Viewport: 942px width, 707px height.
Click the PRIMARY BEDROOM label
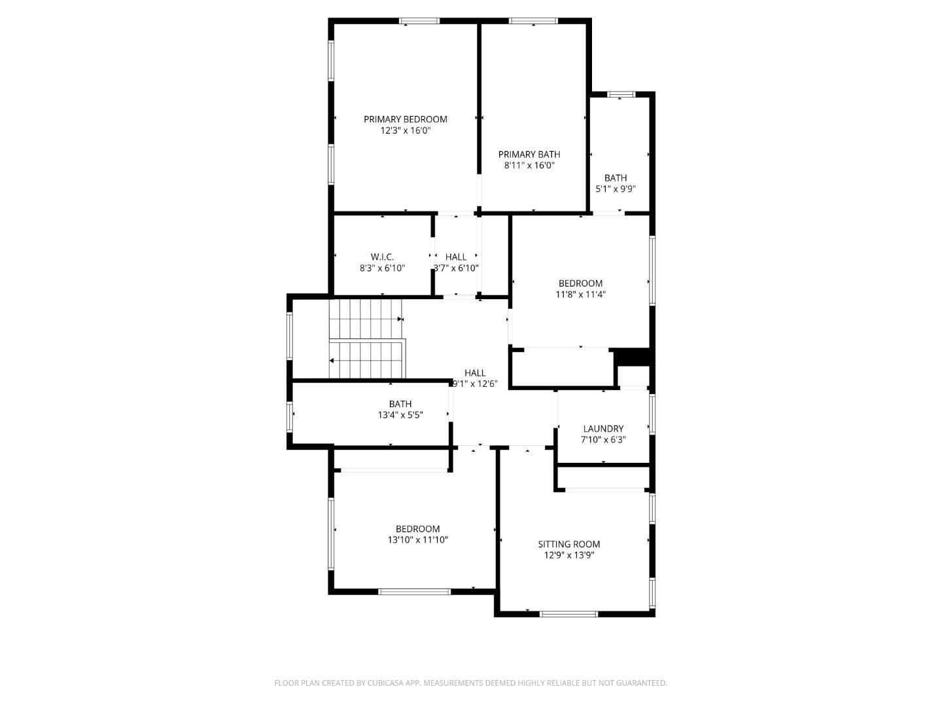(x=406, y=119)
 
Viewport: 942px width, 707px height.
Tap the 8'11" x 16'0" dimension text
(x=529, y=166)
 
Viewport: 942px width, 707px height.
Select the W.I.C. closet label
(x=382, y=257)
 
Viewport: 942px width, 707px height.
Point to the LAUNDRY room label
(x=603, y=429)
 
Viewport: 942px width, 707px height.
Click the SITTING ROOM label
(x=568, y=544)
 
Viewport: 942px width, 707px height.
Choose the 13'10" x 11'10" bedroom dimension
(x=417, y=540)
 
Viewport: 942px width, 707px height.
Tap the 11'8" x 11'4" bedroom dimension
(x=580, y=295)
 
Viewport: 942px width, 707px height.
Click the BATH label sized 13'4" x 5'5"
(x=400, y=404)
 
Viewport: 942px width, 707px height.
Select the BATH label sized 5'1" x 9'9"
(x=615, y=177)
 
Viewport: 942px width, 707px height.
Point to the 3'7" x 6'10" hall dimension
(x=457, y=268)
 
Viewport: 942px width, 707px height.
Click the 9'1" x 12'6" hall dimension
(x=475, y=384)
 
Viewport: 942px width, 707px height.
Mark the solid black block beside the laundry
(x=633, y=357)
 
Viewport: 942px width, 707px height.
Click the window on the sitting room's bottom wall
(x=568, y=614)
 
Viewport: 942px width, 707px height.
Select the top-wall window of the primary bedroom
(x=419, y=21)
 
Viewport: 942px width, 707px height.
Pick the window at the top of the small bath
(x=621, y=94)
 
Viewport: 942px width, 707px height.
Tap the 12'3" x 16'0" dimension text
(x=406, y=130)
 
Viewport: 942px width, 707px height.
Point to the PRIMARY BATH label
(x=529, y=154)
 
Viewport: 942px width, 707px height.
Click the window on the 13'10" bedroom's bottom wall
(x=414, y=592)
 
